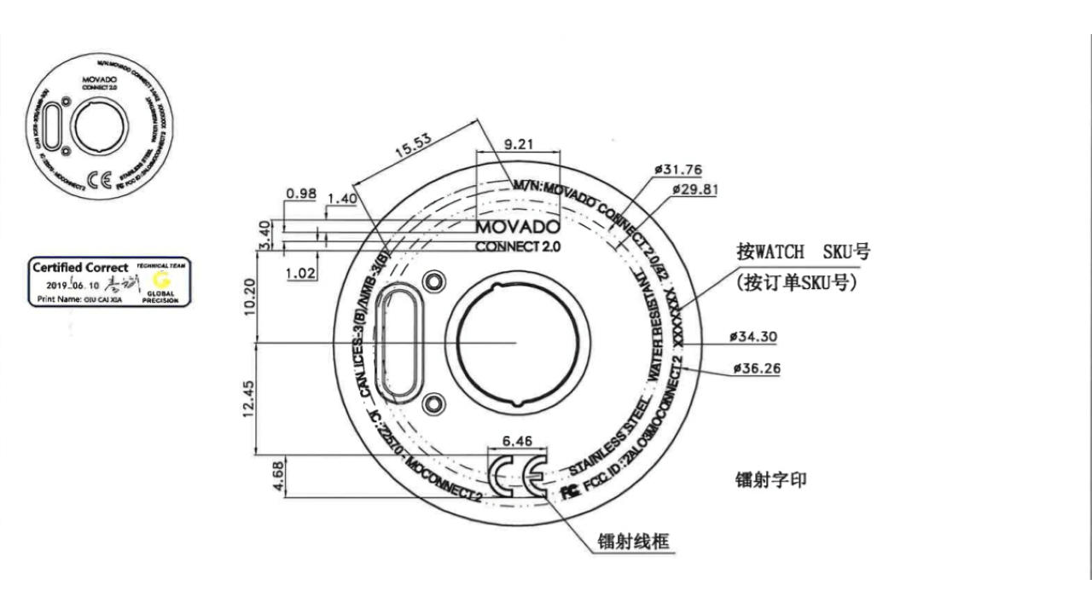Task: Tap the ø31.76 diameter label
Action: point(678,170)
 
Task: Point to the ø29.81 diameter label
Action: point(694,188)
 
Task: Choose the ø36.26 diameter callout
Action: point(755,369)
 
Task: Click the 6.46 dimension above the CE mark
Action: point(518,441)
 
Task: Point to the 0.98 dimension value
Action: point(301,194)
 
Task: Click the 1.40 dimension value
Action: point(341,198)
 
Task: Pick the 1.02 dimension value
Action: point(301,274)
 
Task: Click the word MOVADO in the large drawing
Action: point(517,228)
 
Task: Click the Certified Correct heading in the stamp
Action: point(80,268)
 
